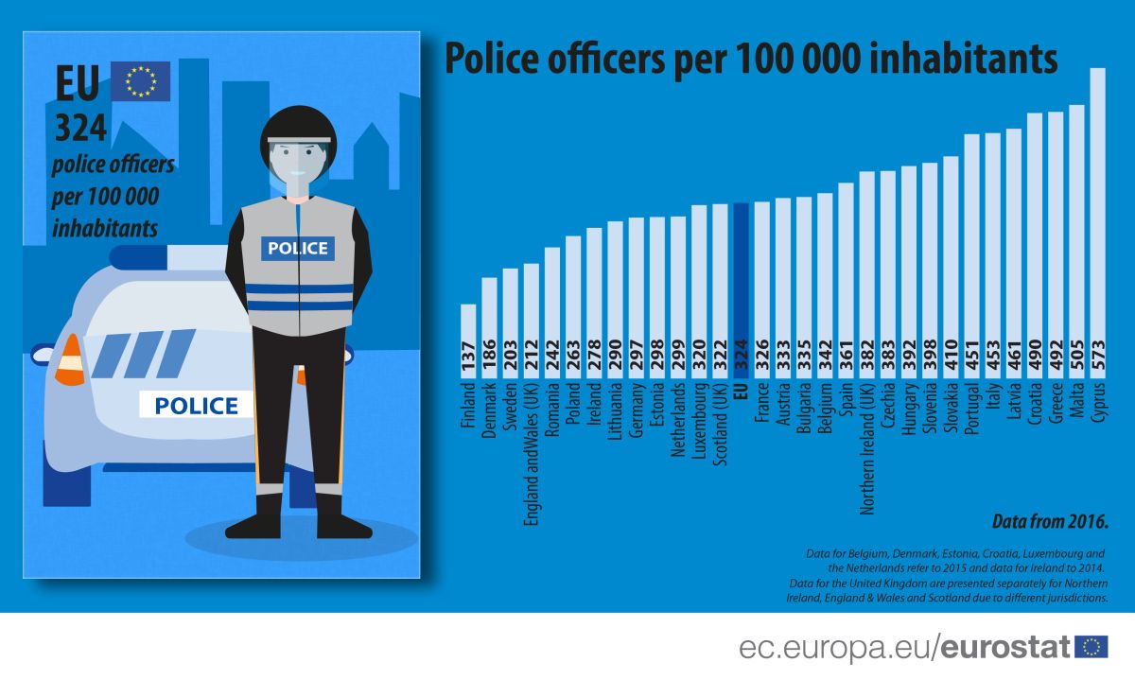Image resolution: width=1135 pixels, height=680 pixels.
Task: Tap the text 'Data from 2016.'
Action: click(x=1050, y=521)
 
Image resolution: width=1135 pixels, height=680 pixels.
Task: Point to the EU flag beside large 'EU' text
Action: click(x=140, y=81)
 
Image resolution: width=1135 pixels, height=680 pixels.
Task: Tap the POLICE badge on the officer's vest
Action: click(x=298, y=248)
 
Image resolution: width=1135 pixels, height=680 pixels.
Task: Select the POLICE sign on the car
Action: click(x=196, y=405)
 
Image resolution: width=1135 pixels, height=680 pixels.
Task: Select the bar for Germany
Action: click(x=636, y=284)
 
